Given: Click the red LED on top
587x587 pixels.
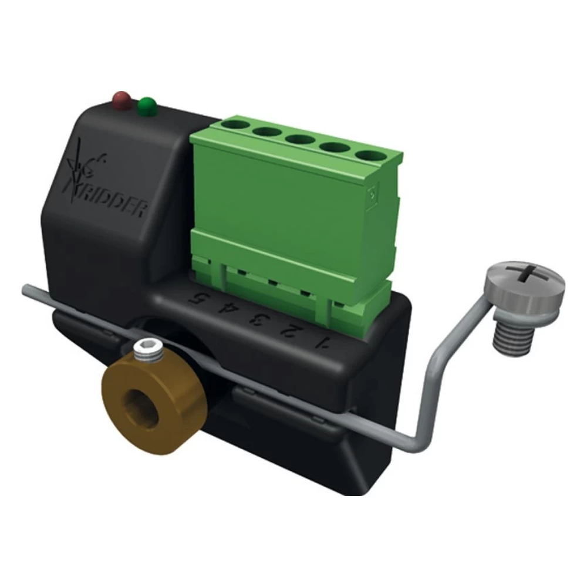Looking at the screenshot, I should point(122,100).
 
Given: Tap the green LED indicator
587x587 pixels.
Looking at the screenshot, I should point(147,106).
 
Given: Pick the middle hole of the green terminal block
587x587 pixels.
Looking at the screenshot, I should point(299,139).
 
